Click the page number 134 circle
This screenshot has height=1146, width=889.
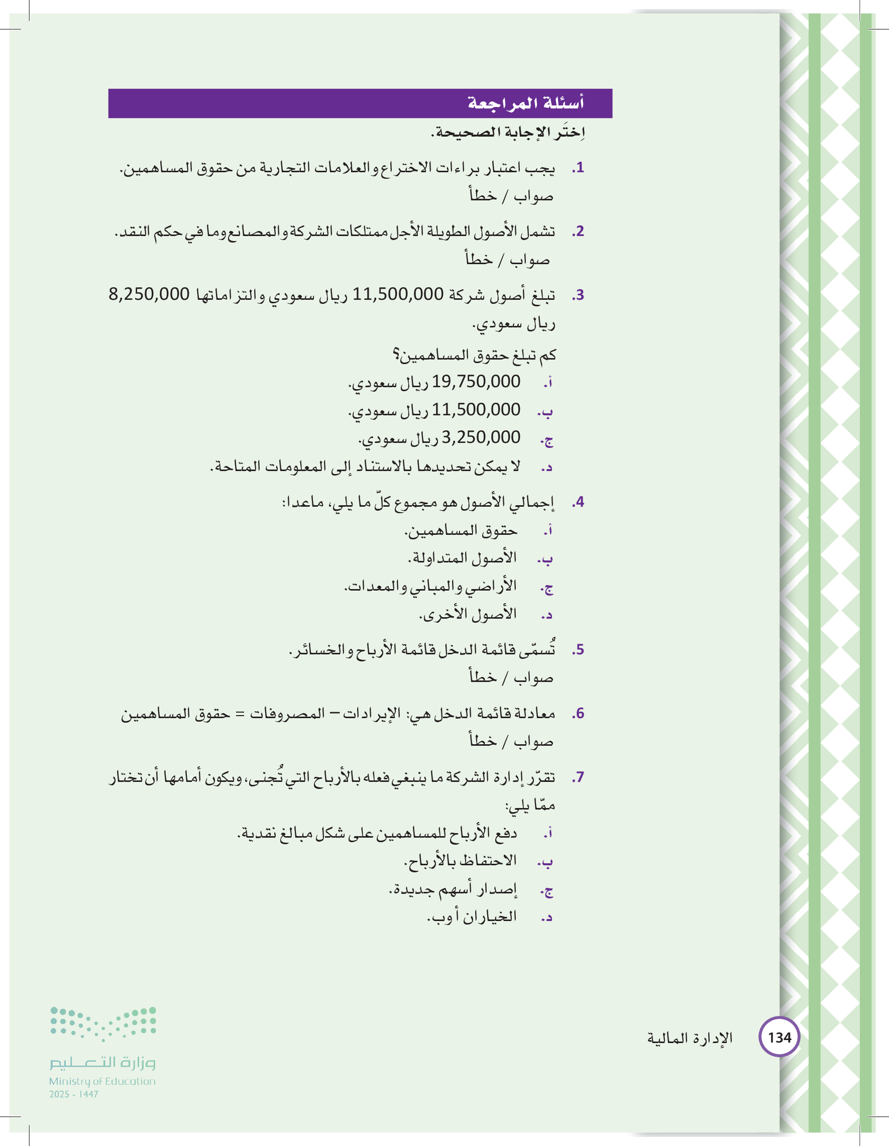coord(780,1037)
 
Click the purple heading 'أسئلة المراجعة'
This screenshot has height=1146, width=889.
coord(525,103)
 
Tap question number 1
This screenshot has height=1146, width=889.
coord(578,168)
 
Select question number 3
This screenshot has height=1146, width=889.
coord(578,295)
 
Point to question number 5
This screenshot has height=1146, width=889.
coord(578,650)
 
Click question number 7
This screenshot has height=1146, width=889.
coord(578,777)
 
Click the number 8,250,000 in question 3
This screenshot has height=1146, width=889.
coord(149,294)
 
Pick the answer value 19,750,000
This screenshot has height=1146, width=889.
coord(476,382)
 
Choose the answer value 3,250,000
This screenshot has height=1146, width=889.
coord(481,437)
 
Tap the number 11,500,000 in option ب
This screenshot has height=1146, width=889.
coord(476,409)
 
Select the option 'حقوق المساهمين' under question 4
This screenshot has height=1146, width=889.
coord(461,531)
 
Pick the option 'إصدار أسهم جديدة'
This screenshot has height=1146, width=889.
coord(454,889)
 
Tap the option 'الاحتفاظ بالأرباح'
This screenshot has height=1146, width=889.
coord(460,861)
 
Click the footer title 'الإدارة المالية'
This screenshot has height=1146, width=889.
coord(690,1038)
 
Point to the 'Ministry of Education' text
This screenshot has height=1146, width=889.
coord(102,1081)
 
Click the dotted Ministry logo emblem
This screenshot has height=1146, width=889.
coord(103,1023)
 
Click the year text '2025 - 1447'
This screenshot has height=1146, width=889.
coord(74,1094)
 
